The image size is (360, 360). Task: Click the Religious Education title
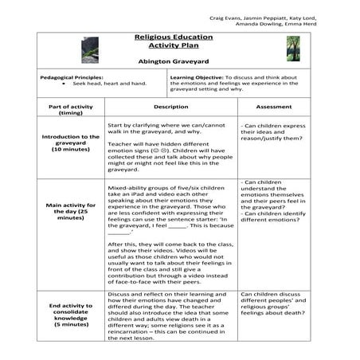point(180,37)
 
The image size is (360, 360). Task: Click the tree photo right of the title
point(294,49)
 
